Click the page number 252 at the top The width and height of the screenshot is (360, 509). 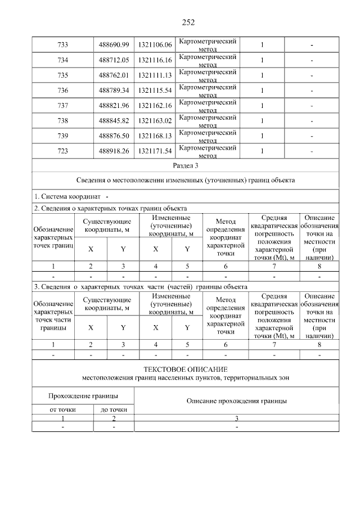point(188,22)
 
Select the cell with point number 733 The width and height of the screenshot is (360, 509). point(62,44)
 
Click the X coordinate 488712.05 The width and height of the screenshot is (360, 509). point(114,60)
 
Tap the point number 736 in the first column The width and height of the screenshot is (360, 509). point(62,91)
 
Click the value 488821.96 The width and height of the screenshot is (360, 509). point(114,106)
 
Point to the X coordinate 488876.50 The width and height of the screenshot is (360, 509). point(114,136)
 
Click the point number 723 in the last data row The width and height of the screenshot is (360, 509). point(62,151)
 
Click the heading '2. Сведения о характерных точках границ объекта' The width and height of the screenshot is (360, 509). point(110,208)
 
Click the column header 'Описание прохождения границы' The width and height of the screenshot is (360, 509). point(237,401)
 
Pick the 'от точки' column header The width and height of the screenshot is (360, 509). point(62,410)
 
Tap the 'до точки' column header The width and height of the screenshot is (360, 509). point(114,410)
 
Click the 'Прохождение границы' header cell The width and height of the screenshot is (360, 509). point(83,396)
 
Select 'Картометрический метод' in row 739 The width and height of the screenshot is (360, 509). point(206,136)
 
